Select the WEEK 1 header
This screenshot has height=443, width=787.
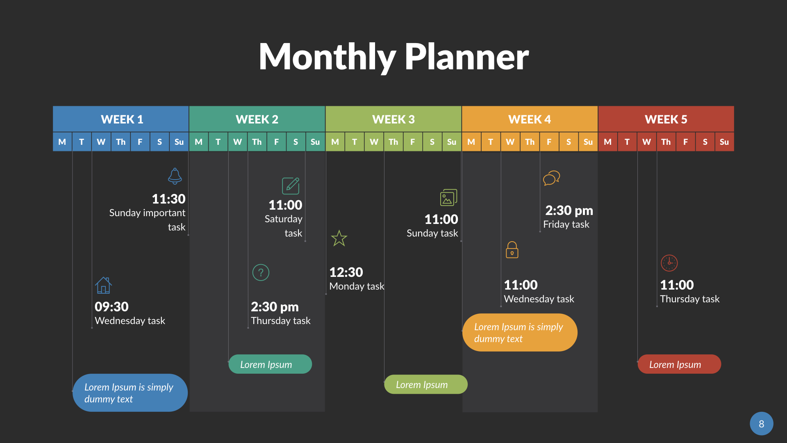(x=121, y=119)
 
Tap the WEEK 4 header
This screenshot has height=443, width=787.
(x=530, y=119)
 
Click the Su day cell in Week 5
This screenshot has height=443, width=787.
(x=724, y=142)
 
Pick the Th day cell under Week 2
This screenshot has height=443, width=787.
(x=257, y=142)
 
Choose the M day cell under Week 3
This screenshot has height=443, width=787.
(x=335, y=142)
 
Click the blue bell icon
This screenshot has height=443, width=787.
(x=175, y=176)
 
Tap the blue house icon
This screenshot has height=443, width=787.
(x=103, y=285)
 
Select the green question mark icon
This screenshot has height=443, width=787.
(x=261, y=272)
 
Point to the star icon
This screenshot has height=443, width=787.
(x=339, y=238)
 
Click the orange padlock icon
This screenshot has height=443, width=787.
(x=512, y=250)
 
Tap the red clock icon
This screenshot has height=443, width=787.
(x=669, y=263)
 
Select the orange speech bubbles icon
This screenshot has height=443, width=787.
(x=551, y=178)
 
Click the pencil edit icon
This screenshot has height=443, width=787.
(x=291, y=186)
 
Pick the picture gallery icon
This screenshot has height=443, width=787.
(x=448, y=198)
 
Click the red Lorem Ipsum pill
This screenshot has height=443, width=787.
(x=679, y=364)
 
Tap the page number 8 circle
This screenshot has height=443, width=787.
(x=761, y=424)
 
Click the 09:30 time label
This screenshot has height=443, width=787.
(x=111, y=307)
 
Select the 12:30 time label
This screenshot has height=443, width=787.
(x=346, y=272)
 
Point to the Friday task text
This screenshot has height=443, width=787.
(x=566, y=224)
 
